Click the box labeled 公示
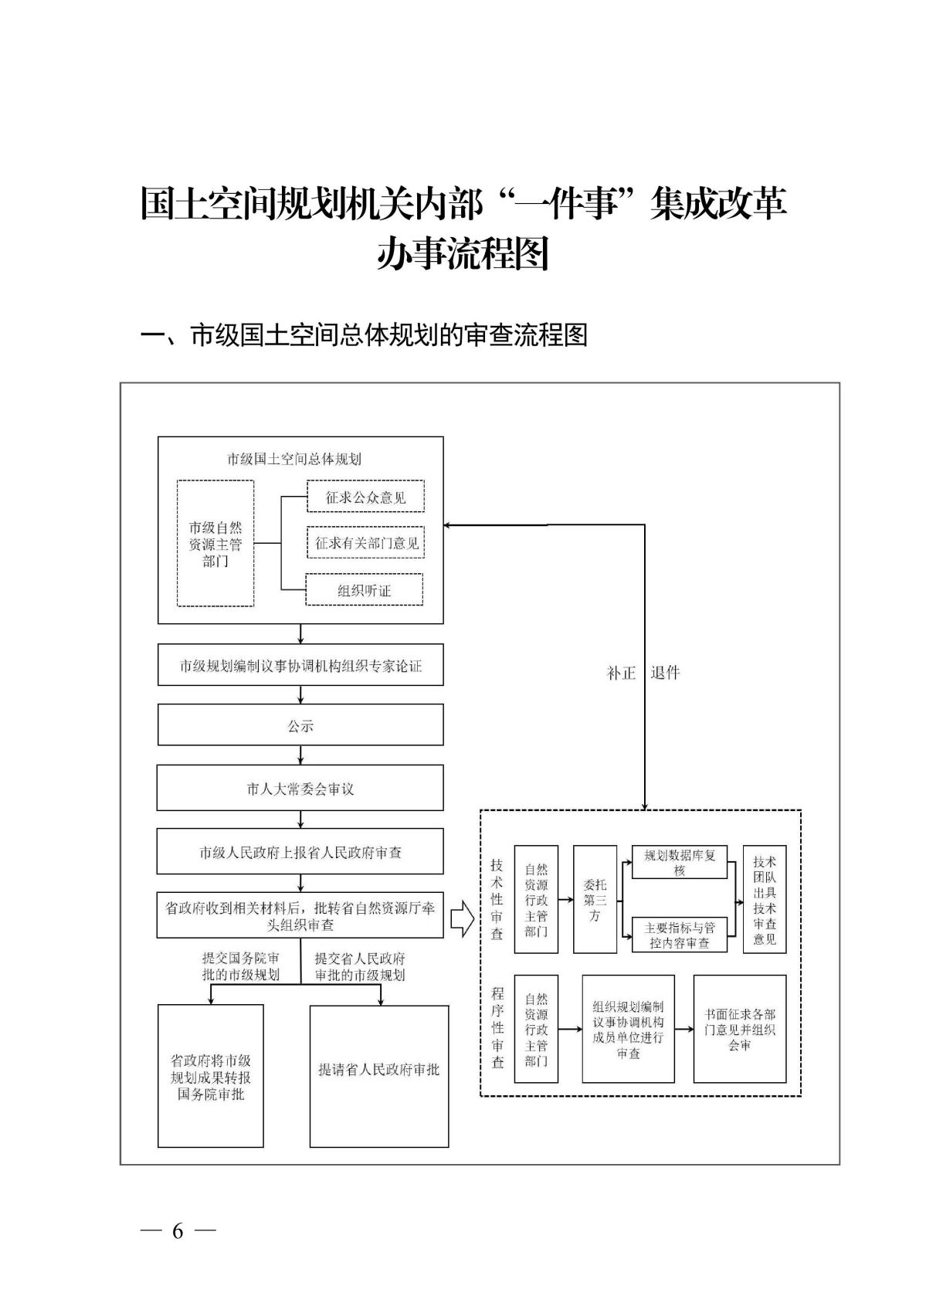pos(300,725)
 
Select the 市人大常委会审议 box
pos(300,788)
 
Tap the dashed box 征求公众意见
pos(365,497)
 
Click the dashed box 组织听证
pos(365,590)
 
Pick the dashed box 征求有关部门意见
pos(366,543)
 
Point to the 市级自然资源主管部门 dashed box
pos(215,544)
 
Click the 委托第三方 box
pos(595,899)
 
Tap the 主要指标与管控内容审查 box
pos(680,935)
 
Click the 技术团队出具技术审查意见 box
pos(765,899)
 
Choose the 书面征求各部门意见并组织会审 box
pos(740,1029)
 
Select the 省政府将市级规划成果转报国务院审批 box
pos(211,1076)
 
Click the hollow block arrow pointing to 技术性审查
pos(462,918)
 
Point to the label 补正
pos(622,673)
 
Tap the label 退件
pos(665,673)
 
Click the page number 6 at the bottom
pos(178,1231)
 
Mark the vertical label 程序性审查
pos(497,1029)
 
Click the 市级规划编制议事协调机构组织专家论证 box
pos(300,665)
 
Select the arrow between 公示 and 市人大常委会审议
pos(300,755)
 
